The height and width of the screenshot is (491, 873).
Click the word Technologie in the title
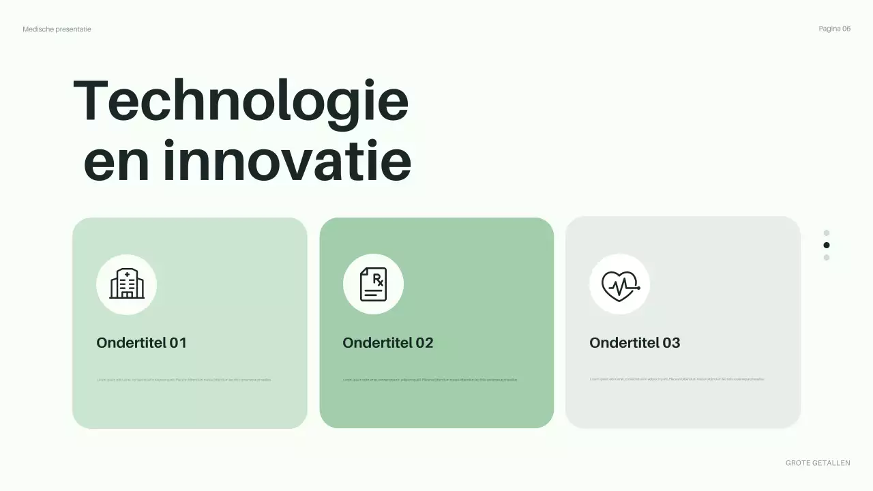241,101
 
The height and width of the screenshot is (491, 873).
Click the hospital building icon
127,284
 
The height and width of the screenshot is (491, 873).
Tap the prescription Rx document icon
373,284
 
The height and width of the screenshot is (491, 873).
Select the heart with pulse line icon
619,284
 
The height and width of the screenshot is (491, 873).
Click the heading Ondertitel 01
141,342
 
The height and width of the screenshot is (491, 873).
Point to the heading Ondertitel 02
387,342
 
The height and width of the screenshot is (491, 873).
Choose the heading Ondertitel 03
634,342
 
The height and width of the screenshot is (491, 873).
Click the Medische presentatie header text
57,29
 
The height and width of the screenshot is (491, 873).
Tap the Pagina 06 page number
834,29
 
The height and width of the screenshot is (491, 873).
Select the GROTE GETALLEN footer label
818,463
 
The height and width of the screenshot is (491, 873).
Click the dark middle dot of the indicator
827,245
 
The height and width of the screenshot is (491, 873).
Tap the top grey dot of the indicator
827,233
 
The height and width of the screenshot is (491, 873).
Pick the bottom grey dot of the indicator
827,257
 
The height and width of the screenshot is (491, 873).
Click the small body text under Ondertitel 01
184,380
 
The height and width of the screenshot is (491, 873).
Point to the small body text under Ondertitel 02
430,380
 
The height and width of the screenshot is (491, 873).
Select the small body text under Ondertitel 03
677,379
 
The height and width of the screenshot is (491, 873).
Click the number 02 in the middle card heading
424,342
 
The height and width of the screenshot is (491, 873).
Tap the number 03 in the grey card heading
671,342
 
